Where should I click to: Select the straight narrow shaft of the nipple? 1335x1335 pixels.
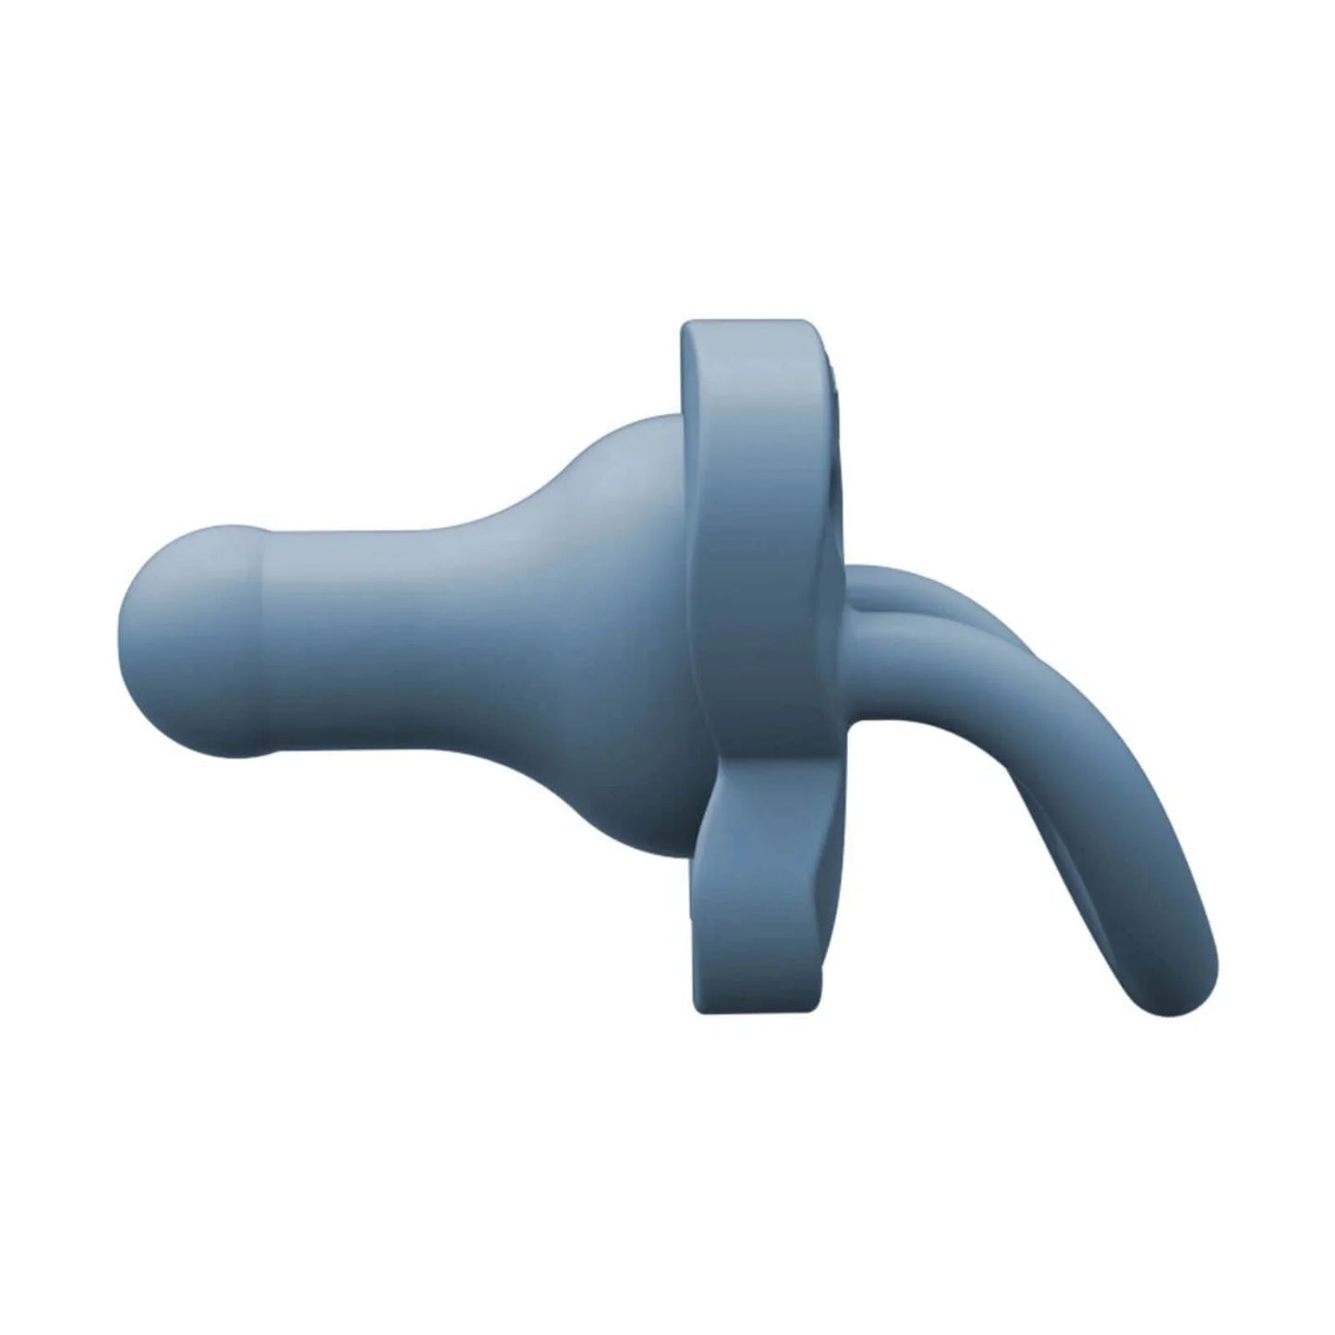coord(388,637)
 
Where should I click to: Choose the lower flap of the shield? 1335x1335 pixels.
coord(739,924)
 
